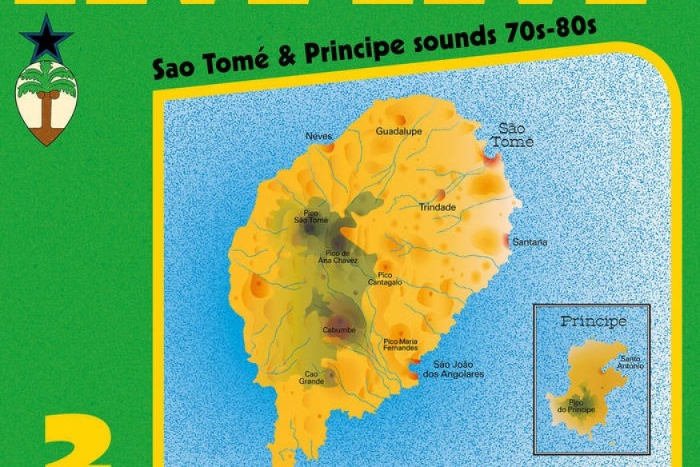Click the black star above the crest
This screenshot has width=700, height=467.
pyautogui.click(x=46, y=38)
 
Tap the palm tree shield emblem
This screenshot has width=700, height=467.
pyautogui.click(x=46, y=102)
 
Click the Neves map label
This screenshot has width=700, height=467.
pyautogui.click(x=318, y=136)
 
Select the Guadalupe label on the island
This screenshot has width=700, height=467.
pyautogui.click(x=398, y=131)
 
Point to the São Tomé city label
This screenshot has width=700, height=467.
pyautogui.click(x=512, y=135)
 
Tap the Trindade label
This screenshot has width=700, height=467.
pyautogui.click(x=438, y=208)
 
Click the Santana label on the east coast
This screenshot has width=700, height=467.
pyautogui.click(x=530, y=241)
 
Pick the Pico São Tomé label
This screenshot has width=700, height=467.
pyautogui.click(x=311, y=216)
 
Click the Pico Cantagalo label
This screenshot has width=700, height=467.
pyautogui.click(x=385, y=278)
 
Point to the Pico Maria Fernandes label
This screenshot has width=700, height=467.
pyautogui.click(x=401, y=345)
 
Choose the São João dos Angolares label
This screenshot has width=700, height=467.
pyautogui.click(x=458, y=369)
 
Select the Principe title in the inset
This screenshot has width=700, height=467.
pyautogui.click(x=593, y=322)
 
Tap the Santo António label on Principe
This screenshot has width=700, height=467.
pyautogui.click(x=630, y=362)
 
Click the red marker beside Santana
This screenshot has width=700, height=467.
pyautogui.click(x=506, y=241)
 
